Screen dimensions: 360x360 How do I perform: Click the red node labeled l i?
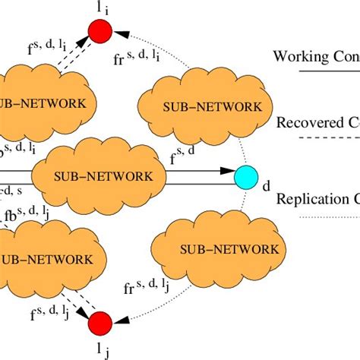100,30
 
